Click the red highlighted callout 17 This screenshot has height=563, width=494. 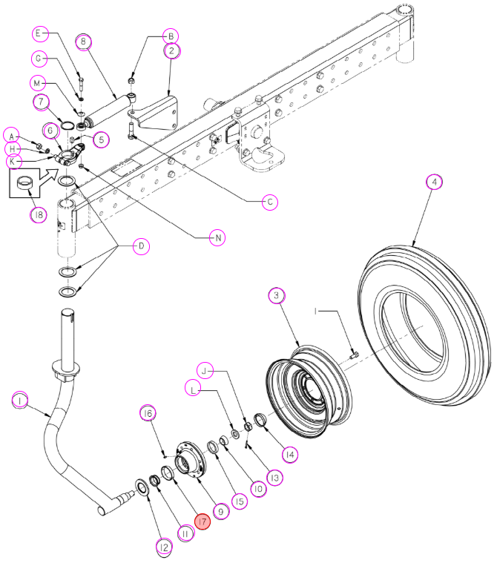pos(202,521)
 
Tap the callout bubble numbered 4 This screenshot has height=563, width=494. pos(435,182)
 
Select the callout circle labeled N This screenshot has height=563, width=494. pos(217,237)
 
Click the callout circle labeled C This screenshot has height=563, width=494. pos(270,202)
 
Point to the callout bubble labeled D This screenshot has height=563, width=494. pos(141,246)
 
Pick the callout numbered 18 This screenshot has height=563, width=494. pos(39,214)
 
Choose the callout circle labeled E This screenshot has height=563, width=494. pos(39,34)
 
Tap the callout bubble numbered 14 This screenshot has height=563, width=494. pos(290,455)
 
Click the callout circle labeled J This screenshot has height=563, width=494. pos(205,371)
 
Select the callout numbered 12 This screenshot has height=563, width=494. pos(164,547)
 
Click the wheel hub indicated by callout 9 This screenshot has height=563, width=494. pos(191,461)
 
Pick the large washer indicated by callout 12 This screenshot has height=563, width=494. pos(142,487)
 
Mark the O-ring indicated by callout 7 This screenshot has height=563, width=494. pos(67,125)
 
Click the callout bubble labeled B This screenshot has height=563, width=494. pos(171,36)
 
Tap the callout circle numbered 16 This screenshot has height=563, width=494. pos(148,414)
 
